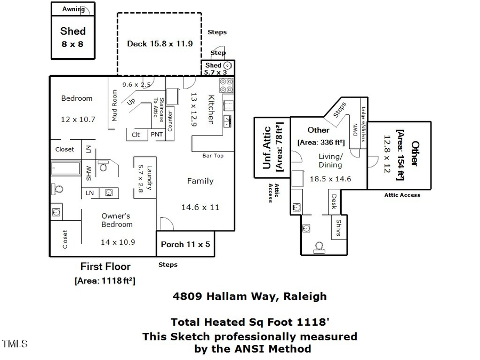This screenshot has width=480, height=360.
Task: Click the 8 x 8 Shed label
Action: pos(73,37)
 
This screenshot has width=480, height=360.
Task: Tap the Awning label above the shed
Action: pos(73,9)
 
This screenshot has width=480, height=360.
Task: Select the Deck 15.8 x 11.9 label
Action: pos(159,44)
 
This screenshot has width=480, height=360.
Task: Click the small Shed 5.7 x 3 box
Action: pos(218,68)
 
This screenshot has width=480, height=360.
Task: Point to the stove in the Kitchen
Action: pos(226,86)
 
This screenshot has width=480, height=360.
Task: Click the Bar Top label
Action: pos(213,156)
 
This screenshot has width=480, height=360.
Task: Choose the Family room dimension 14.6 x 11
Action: pos(200,207)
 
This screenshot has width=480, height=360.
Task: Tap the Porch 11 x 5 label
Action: pos(185,245)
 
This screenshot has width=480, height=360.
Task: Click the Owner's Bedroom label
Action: pos(116,220)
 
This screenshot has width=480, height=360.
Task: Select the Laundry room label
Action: pos(150,178)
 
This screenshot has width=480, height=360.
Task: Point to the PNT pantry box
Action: pos(157,135)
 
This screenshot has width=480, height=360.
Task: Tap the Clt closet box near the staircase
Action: pos(136,135)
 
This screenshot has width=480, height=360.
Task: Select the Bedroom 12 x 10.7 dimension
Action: pos(78,119)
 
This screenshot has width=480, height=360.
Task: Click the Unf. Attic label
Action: pos(268,147)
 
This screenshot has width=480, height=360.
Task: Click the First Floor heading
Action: pos(105,266)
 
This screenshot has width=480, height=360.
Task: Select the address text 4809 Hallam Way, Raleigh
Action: pos(250,296)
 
